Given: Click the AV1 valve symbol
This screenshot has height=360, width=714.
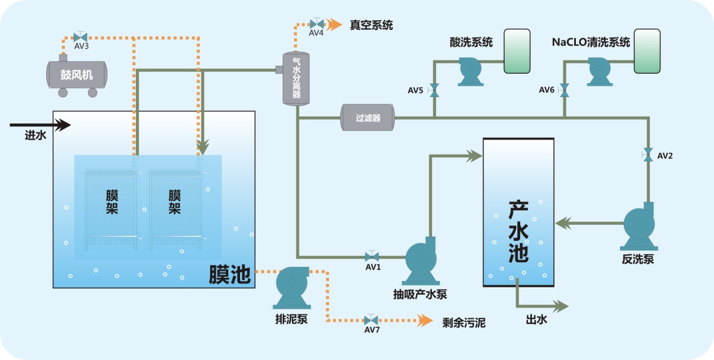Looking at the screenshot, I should [372, 256].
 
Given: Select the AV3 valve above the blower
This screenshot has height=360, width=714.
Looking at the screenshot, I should [80, 37].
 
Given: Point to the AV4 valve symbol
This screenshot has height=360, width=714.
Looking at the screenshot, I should [317, 24].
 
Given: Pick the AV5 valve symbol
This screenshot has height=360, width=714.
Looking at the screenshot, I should [434, 90].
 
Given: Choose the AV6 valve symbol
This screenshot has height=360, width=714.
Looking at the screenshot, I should [564, 90].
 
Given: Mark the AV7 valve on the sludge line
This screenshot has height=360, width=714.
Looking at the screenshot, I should [371, 320].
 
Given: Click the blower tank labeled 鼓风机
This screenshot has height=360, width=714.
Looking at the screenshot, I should [77, 74].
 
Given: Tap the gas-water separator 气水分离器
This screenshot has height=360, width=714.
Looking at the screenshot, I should [296, 78].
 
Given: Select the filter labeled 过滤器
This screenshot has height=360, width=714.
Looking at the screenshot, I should [368, 118].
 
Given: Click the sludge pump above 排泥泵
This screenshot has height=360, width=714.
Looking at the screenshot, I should [292, 286].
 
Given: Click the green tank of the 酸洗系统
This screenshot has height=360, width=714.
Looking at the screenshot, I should [516, 51].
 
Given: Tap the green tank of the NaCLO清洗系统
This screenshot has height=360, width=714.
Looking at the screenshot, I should [646, 51].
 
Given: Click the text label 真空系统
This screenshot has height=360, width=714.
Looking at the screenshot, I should [371, 25].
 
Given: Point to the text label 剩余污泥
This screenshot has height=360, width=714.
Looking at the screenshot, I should [463, 323].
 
